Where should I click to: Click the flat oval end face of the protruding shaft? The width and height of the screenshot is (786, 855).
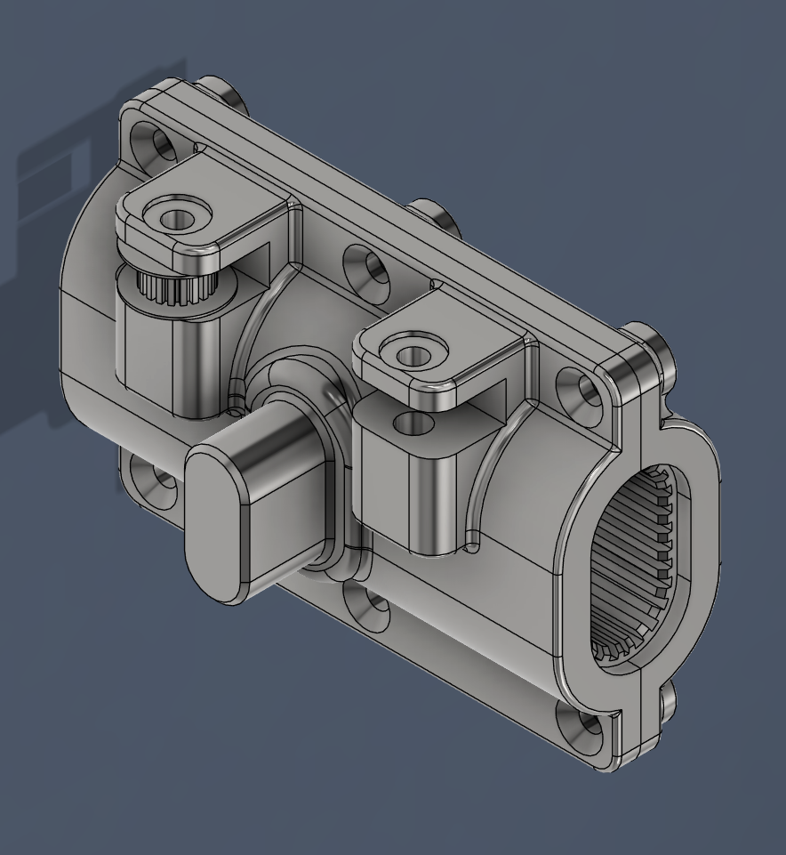213,526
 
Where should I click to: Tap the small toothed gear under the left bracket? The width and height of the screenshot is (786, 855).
171,286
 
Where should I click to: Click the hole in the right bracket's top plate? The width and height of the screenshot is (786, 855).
411,356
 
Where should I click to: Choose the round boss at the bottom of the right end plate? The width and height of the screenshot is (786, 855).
667,703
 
